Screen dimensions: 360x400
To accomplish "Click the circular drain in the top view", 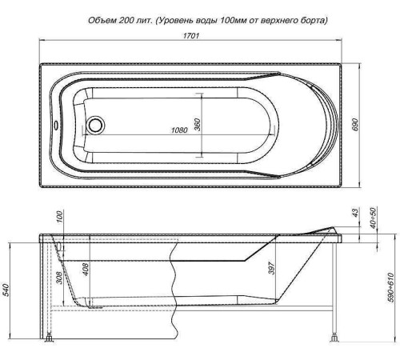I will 97,125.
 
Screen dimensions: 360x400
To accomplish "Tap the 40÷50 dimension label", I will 372,217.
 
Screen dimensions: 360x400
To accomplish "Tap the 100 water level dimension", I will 59,219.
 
